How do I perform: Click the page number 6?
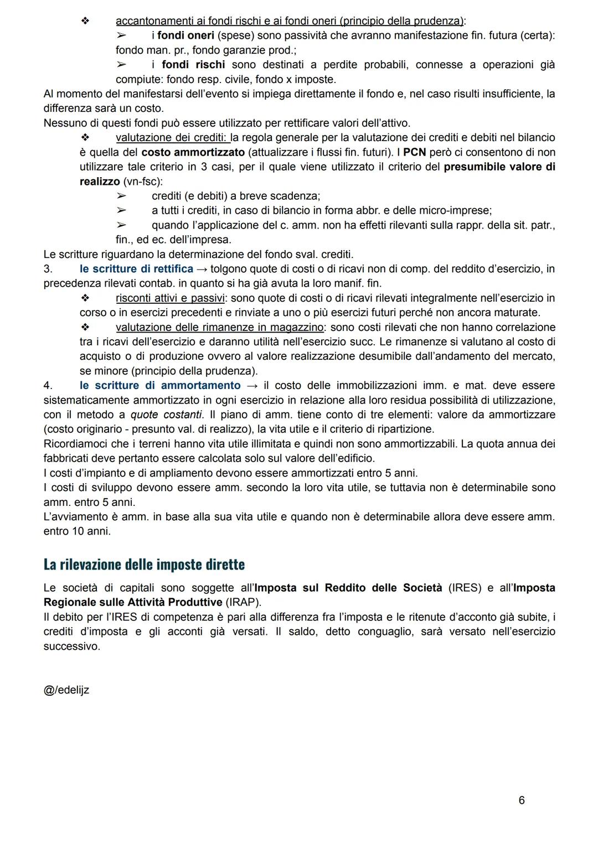click(x=522, y=800)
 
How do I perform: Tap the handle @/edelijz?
click(x=66, y=690)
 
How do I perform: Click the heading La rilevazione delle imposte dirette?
click(x=144, y=565)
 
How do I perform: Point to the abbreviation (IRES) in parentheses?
click(x=465, y=588)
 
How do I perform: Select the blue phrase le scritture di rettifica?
click(x=136, y=269)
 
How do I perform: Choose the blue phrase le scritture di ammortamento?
click(x=160, y=386)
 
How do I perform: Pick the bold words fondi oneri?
click(x=186, y=35)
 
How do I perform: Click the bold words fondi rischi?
click(x=193, y=65)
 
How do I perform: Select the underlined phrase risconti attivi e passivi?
click(x=169, y=298)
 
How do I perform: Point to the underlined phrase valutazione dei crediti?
click(x=173, y=137)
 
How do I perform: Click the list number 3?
click(x=48, y=269)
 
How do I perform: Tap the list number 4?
click(x=48, y=386)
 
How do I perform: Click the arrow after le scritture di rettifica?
click(x=202, y=269)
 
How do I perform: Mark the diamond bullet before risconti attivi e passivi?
click(x=85, y=298)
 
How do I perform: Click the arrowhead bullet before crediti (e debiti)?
click(x=121, y=196)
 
